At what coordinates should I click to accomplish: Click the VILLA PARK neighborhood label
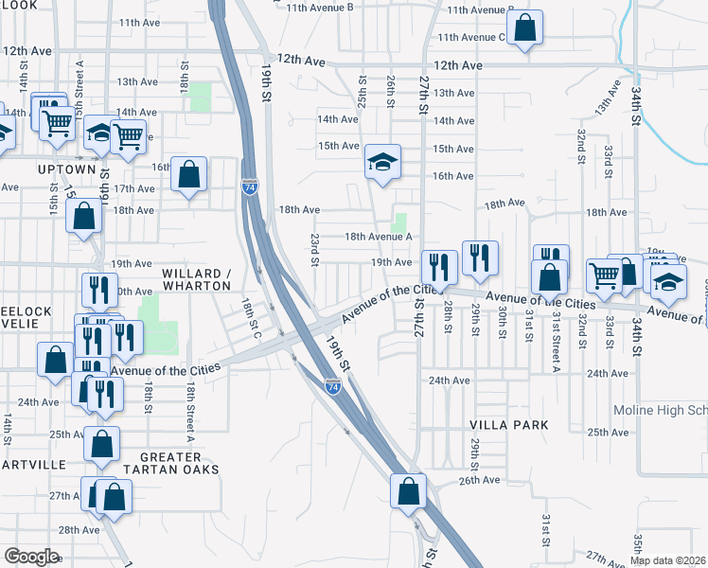(x=510, y=425)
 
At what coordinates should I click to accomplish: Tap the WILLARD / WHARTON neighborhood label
(x=197, y=279)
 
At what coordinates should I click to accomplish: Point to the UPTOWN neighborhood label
(x=66, y=169)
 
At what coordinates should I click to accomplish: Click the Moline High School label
(x=660, y=410)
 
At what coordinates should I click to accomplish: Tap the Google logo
(x=31, y=556)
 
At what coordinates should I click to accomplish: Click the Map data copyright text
(x=667, y=560)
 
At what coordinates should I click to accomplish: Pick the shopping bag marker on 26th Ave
(x=408, y=491)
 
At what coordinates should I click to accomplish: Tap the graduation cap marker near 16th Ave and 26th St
(x=383, y=163)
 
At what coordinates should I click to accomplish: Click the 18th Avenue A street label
(x=378, y=238)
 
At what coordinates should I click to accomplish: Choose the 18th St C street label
(x=250, y=321)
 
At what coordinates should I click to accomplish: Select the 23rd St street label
(x=314, y=250)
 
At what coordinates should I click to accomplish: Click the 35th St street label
(x=638, y=548)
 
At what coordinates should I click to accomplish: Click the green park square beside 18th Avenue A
(x=400, y=223)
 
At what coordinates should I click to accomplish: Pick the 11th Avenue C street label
(x=470, y=37)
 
